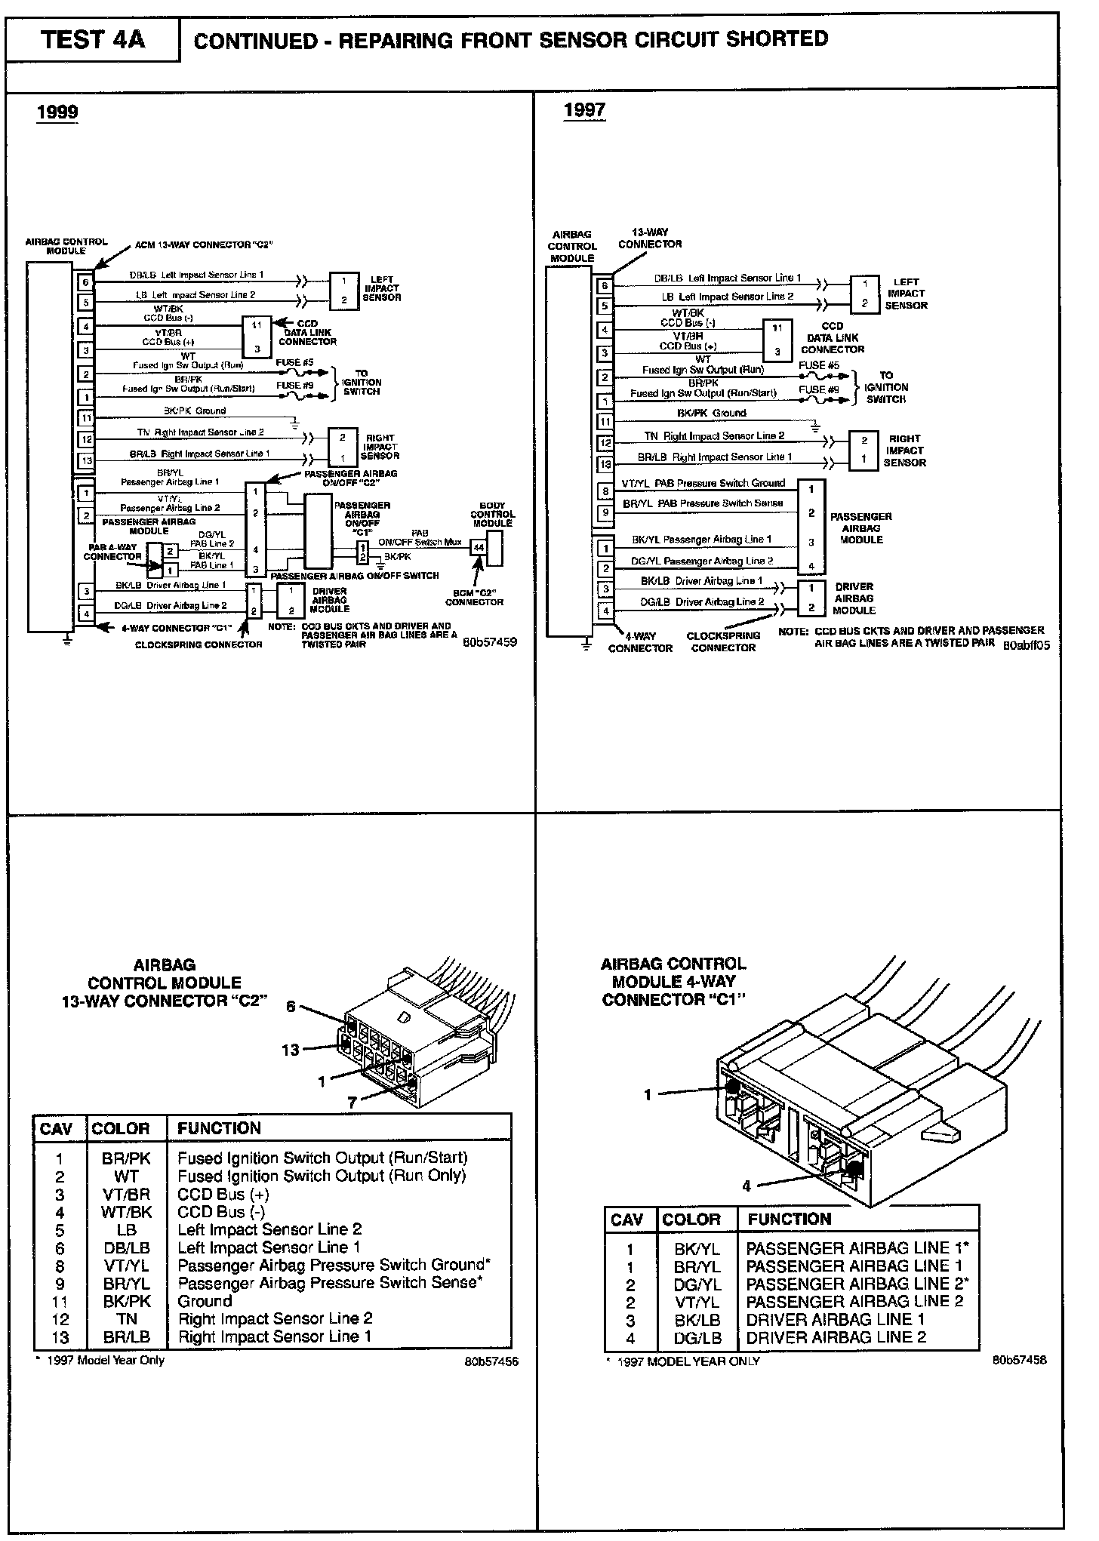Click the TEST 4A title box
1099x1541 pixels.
[93, 39]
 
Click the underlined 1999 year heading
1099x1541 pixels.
[57, 112]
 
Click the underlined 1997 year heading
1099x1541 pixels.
[584, 110]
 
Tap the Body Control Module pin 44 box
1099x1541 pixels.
[478, 548]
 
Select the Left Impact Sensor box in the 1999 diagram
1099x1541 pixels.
[343, 291]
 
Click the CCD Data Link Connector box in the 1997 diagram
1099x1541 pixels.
[777, 340]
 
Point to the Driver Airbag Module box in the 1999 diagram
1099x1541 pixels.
[291, 600]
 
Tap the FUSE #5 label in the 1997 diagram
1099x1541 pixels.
[819, 365]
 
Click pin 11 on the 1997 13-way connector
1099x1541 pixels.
[605, 421]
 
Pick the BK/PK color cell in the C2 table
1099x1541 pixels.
[126, 1302]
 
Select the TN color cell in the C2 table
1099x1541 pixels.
[126, 1319]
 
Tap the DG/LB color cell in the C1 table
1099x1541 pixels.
[697, 1338]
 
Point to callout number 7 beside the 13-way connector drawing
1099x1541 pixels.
[352, 1103]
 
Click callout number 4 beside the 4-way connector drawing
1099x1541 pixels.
[747, 1186]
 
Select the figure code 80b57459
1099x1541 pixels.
[490, 643]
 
